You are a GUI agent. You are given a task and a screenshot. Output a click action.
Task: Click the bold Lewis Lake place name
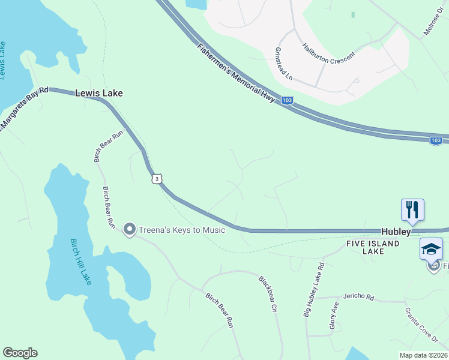click(x=99, y=93)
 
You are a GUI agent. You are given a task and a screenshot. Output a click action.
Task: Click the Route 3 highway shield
click(x=157, y=179)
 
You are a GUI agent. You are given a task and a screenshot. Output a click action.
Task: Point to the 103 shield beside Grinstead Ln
click(x=288, y=101)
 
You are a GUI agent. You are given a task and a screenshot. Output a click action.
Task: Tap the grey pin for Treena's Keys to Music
click(x=129, y=229)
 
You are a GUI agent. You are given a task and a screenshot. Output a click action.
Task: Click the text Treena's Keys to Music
click(x=182, y=230)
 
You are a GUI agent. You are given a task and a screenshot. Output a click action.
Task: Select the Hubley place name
click(x=396, y=232)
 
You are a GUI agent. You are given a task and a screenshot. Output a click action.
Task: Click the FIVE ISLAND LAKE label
click(x=373, y=248)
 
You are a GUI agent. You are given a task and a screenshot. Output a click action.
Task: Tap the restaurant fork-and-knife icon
click(x=412, y=210)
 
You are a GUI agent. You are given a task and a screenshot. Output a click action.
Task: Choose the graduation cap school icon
click(x=431, y=248)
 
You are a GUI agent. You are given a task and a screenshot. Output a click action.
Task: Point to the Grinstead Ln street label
click(x=283, y=65)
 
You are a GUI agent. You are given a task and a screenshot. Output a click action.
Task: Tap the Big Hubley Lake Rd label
click(x=313, y=290)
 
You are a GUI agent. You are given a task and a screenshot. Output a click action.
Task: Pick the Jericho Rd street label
click(x=358, y=296)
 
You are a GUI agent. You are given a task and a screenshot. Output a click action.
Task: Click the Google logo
click(x=20, y=353)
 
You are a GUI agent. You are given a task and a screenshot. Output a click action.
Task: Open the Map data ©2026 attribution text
click(x=423, y=355)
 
